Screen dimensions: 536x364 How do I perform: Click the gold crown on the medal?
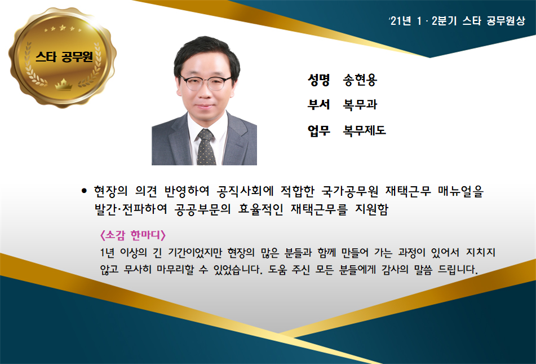coord(64,84)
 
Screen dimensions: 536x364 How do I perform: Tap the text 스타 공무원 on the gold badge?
coord(64,56)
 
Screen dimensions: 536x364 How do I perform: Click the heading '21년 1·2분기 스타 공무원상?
coord(457,21)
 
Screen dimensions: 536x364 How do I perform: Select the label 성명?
coord(318,80)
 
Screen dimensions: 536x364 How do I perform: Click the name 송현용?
coord(360,80)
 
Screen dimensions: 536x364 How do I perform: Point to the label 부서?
coord(318,104)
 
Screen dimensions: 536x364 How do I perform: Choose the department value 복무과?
coord(360,104)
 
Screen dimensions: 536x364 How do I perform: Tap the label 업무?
coord(318,130)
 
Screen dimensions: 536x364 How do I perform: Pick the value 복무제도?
coord(365,130)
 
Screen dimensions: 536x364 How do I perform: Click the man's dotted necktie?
coord(206,147)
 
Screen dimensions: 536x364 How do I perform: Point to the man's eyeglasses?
coord(206,82)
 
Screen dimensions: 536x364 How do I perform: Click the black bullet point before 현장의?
coord(85,191)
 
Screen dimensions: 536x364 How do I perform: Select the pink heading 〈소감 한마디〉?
coord(132,235)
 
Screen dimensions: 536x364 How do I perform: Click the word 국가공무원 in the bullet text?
coord(349,191)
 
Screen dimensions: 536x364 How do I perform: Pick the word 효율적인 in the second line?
coord(260,209)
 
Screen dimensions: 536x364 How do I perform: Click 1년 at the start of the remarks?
coord(107,253)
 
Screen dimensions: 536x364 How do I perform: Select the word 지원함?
coord(372,209)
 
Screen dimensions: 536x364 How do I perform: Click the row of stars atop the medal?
coord(63,28)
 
